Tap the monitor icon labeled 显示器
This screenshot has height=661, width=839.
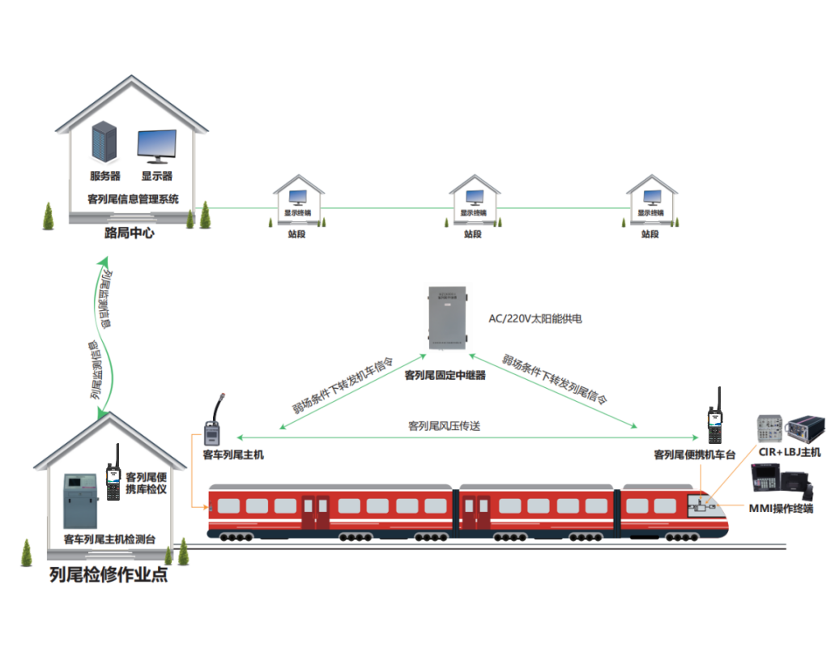click(156, 146)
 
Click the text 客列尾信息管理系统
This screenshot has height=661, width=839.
click(133, 198)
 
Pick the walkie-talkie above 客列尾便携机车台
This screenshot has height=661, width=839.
click(715, 417)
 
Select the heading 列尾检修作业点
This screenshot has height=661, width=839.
click(109, 576)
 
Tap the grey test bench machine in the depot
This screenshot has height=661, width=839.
click(81, 499)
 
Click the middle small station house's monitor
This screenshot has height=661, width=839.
click(474, 196)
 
